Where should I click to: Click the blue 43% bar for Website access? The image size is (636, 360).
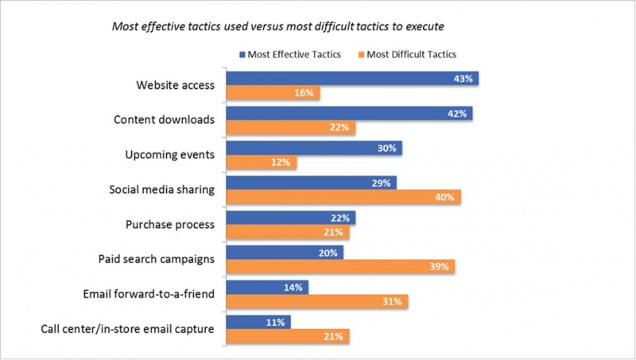352,79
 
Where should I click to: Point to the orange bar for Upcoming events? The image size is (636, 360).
262,163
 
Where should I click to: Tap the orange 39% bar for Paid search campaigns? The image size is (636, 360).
340,266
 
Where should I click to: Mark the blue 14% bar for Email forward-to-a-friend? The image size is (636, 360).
267,287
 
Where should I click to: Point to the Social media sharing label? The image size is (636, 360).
161,190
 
